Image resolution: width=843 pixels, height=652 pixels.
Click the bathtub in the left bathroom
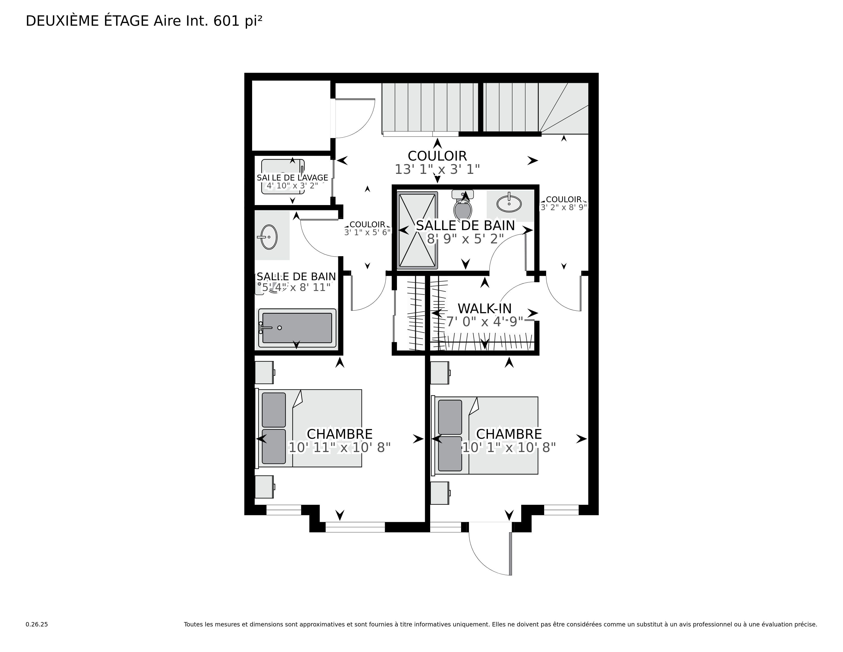[x=297, y=328]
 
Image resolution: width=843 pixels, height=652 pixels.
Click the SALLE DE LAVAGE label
[x=292, y=178]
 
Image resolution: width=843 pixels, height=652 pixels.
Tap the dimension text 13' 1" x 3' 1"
[x=437, y=169]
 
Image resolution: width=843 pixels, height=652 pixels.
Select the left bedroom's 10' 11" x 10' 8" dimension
[x=340, y=448]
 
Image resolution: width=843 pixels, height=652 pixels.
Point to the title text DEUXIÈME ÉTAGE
[x=87, y=21]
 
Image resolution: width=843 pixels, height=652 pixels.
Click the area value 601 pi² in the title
[x=237, y=21]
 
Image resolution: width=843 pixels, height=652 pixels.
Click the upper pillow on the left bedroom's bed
[x=274, y=410]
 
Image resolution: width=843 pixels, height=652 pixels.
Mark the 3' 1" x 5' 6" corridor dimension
[x=367, y=232]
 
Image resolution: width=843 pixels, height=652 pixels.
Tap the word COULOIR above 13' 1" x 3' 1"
[x=437, y=156]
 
